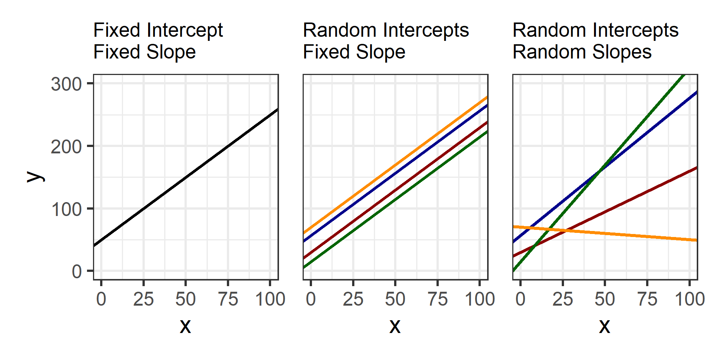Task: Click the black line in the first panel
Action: tap(186, 177)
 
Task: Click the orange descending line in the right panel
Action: tap(637, 235)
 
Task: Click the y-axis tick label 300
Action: tap(66, 84)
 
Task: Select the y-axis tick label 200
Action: tap(66, 147)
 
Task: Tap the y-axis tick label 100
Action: tap(66, 209)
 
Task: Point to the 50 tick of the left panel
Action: tap(186, 299)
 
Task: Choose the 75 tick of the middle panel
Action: tap(437, 299)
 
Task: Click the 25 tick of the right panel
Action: tap(562, 299)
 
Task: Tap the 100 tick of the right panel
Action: tap(689, 299)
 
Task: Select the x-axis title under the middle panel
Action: tap(395, 325)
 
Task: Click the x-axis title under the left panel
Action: tap(185, 325)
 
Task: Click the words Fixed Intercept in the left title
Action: tap(158, 30)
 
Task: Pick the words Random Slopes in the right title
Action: tap(582, 52)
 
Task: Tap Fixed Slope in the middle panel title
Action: tap(354, 52)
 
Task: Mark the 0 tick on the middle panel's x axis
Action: tap(311, 299)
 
